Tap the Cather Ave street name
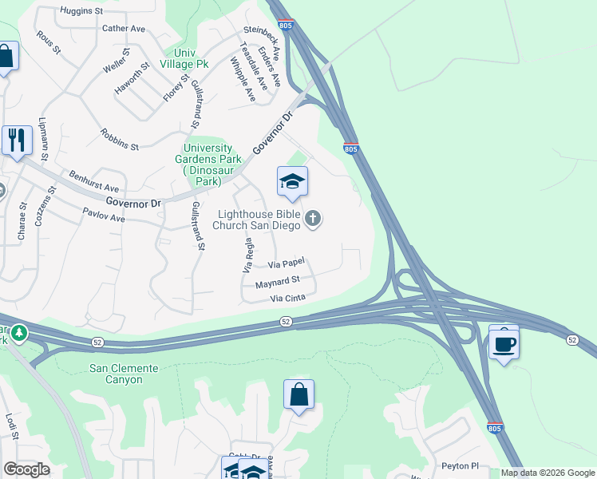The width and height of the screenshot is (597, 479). click(124, 29)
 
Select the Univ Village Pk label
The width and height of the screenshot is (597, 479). click(184, 58)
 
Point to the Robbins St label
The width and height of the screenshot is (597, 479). click(120, 140)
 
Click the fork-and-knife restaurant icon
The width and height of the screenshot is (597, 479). click(17, 141)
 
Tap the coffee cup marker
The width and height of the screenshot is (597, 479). click(504, 344)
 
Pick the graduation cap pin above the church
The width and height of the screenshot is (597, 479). click(292, 183)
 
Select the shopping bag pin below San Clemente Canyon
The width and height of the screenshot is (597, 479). click(298, 394)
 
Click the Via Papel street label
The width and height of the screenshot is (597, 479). click(287, 263)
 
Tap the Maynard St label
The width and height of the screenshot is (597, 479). click(277, 282)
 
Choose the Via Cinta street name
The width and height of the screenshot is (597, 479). click(288, 299)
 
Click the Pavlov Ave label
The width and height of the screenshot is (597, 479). click(104, 215)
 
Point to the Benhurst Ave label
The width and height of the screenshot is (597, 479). click(93, 180)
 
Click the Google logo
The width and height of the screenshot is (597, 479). click(26, 469)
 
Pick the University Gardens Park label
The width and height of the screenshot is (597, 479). click(208, 164)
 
